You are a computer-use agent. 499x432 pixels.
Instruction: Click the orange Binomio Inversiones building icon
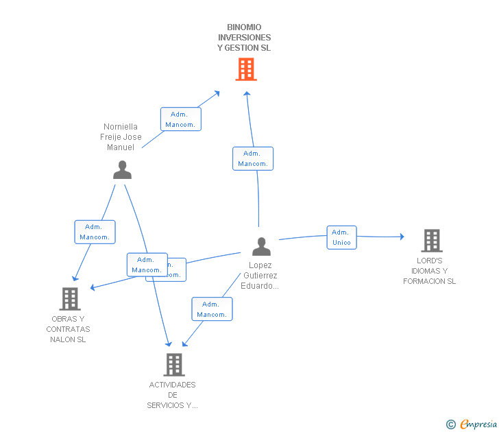(246, 69)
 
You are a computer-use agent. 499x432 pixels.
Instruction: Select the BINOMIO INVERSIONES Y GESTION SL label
(244, 38)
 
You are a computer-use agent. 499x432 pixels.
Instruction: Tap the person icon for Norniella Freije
(122, 169)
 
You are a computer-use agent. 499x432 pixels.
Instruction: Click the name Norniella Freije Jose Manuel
(121, 137)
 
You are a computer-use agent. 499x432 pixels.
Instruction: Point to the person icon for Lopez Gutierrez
(261, 246)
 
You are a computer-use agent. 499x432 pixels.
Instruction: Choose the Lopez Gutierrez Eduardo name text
(260, 276)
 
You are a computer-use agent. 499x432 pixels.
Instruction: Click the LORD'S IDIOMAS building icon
(431, 241)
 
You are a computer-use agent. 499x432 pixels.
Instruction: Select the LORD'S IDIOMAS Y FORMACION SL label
(430, 271)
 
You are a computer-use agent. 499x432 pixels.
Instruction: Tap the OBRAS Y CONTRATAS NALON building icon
(69, 299)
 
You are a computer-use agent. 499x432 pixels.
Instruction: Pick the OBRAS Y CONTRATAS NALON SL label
(68, 329)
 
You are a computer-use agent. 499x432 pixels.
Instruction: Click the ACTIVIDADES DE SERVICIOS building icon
(174, 364)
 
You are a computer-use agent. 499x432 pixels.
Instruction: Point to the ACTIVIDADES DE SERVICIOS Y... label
(173, 395)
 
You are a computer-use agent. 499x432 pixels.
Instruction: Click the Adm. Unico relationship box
(341, 237)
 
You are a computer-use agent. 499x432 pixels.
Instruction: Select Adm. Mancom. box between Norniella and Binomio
(181, 119)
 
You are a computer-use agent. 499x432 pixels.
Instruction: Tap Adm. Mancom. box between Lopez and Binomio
(252, 158)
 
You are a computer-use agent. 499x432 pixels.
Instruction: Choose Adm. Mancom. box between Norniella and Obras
(95, 232)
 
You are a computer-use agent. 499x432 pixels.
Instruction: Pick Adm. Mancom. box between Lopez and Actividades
(212, 309)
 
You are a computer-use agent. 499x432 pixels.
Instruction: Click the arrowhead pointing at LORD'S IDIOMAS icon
(402, 237)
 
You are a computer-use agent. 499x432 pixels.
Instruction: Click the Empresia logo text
(478, 424)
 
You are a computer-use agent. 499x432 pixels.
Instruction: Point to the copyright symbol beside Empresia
(450, 424)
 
